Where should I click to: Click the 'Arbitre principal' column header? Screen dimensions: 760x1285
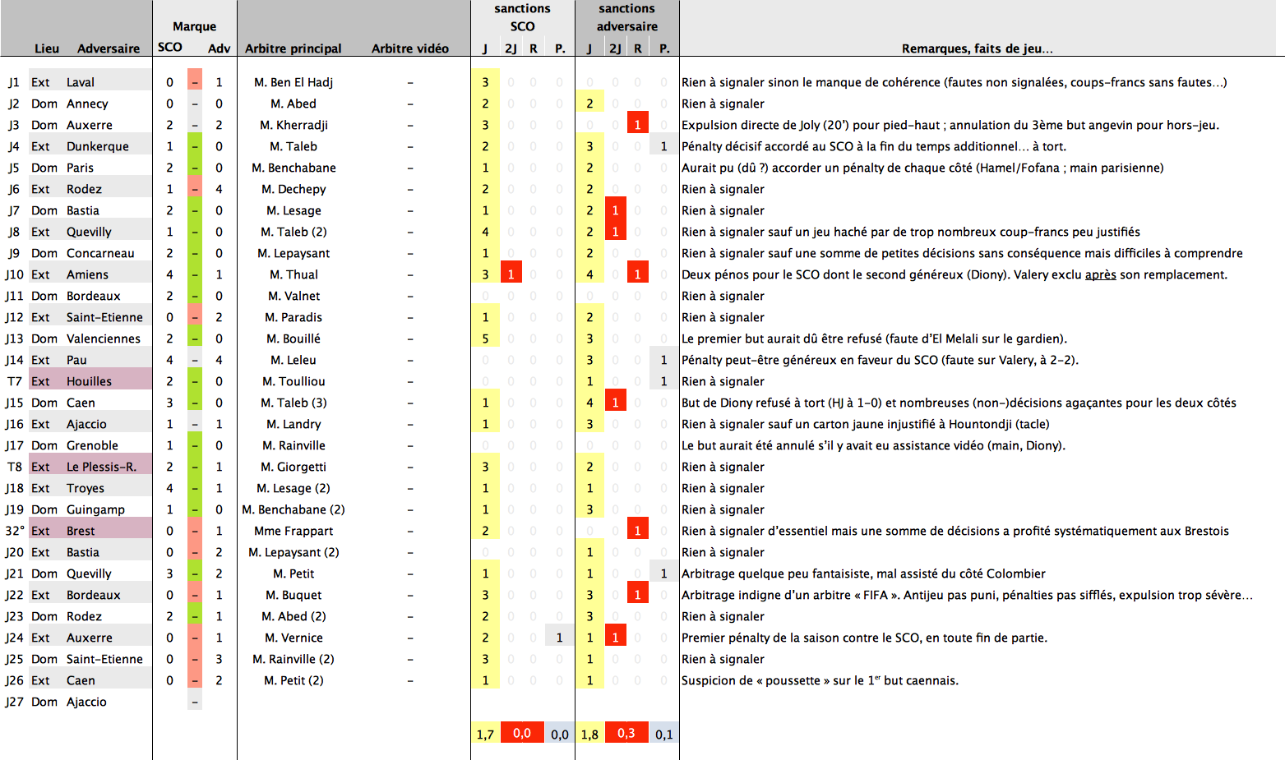[293, 48]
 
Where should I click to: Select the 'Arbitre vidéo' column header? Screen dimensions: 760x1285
[409, 48]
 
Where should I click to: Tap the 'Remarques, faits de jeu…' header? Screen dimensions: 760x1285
[977, 48]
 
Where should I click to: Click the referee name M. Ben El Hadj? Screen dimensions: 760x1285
[294, 82]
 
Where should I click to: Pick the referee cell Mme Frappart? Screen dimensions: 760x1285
[294, 531]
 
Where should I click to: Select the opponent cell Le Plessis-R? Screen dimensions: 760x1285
[101, 467]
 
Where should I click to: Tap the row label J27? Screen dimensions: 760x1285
[14, 702]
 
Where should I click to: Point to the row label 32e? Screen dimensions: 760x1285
[15, 531]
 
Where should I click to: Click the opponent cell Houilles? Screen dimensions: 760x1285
[89, 381]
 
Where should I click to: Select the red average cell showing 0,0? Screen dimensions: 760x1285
[522, 733]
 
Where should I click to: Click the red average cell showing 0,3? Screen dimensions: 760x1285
[626, 733]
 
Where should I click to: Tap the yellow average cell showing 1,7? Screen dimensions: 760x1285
[485, 734]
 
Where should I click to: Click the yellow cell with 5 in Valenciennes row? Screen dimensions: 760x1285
[485, 339]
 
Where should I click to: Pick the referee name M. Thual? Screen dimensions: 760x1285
[294, 274]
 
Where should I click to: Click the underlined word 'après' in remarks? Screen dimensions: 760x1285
[1100, 274]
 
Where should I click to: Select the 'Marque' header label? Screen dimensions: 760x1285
[194, 26]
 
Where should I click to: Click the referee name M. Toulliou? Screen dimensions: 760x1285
[294, 381]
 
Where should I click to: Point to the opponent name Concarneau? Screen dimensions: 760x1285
[100, 253]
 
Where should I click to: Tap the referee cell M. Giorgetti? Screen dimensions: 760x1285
[294, 467]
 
